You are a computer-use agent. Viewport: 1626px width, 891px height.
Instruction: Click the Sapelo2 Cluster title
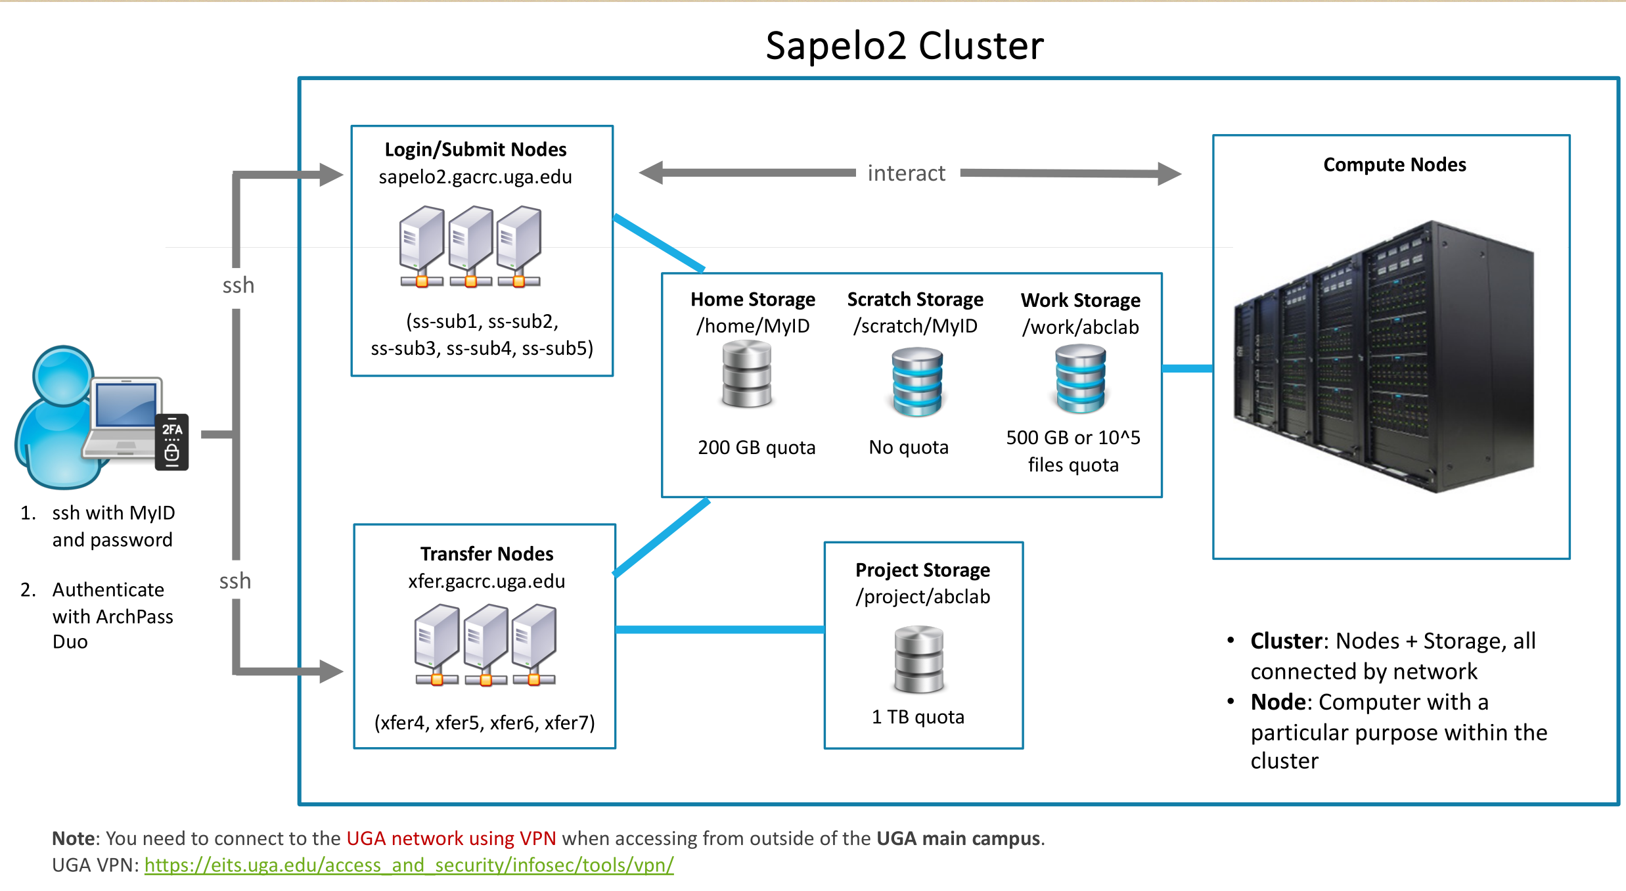pyautogui.click(x=905, y=46)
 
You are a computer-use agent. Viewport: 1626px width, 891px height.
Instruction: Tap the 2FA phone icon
pyautogui.click(x=171, y=442)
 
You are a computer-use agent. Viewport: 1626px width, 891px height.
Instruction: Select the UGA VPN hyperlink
pyautogui.click(x=409, y=865)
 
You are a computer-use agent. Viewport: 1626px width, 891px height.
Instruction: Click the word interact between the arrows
pyautogui.click(x=906, y=173)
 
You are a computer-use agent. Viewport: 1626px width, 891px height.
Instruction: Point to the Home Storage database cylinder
pyautogui.click(x=747, y=375)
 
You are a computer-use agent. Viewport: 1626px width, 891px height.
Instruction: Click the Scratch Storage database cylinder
pyautogui.click(x=917, y=381)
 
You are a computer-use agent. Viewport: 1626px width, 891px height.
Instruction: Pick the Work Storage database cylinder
pyautogui.click(x=1081, y=378)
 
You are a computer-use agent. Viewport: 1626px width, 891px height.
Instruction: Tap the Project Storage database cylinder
pyautogui.click(x=919, y=660)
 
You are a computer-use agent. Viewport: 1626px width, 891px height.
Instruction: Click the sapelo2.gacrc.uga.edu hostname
pyautogui.click(x=475, y=177)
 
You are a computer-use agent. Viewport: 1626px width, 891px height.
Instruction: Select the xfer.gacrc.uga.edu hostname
pyautogui.click(x=486, y=582)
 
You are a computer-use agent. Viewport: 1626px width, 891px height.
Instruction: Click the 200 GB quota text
pyautogui.click(x=757, y=447)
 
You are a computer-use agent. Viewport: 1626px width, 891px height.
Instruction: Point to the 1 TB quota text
pyautogui.click(x=918, y=717)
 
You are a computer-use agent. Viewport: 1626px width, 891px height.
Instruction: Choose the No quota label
pyautogui.click(x=909, y=447)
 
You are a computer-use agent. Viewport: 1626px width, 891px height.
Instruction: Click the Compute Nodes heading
pyautogui.click(x=1395, y=165)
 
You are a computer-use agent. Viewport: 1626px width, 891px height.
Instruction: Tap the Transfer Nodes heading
pyautogui.click(x=487, y=554)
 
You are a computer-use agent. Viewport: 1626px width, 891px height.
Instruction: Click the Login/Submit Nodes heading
pyautogui.click(x=476, y=150)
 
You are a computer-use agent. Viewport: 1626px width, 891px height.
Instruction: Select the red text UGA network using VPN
pyautogui.click(x=451, y=838)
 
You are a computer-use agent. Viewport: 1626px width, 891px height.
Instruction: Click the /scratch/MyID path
pyautogui.click(x=915, y=326)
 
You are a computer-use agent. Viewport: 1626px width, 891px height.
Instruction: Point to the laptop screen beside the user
pyautogui.click(x=125, y=405)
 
